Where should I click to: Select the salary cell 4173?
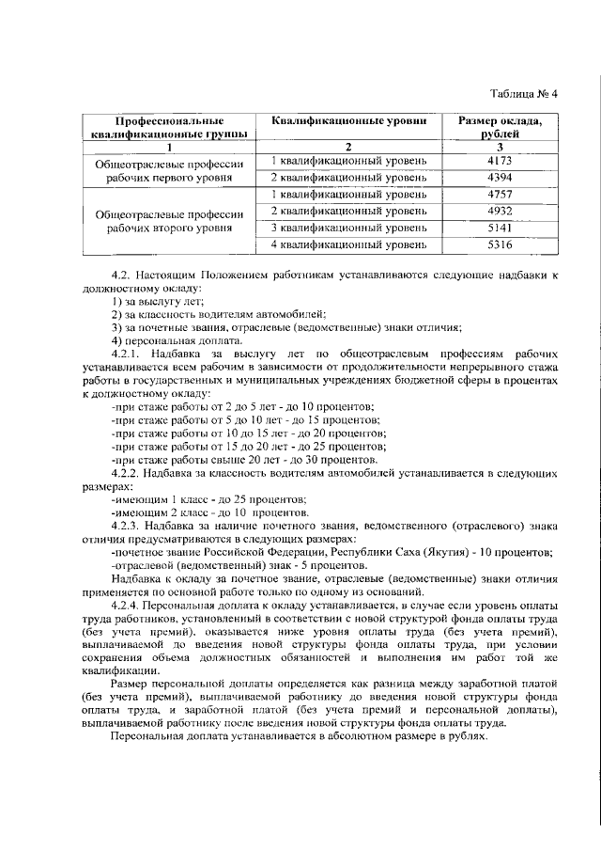coord(500,160)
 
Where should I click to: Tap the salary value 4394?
coord(500,177)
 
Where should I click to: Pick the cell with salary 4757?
coord(500,194)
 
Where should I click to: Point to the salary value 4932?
coord(500,211)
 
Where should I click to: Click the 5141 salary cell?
coord(500,228)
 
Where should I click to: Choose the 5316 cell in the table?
coord(500,245)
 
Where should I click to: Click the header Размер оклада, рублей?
coord(500,128)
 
